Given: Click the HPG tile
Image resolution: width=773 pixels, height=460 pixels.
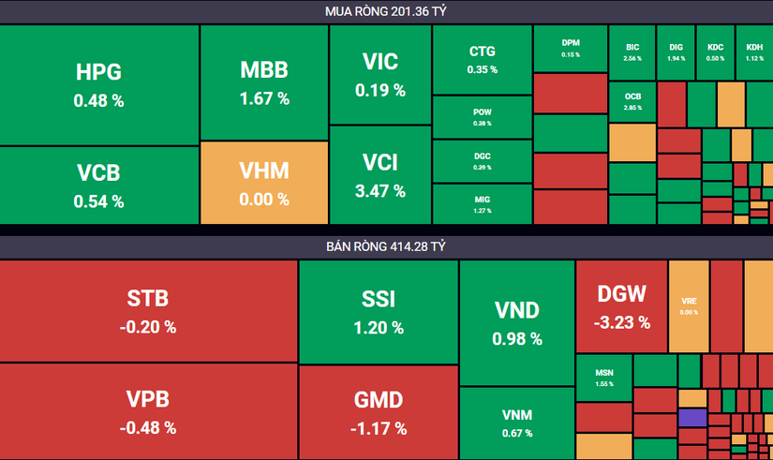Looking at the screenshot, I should pyautogui.click(x=99, y=84).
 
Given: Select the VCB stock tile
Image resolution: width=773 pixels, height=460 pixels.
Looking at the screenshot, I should pyautogui.click(x=99, y=185).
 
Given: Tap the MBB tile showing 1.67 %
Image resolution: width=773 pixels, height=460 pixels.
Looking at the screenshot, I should pyautogui.click(x=263, y=82).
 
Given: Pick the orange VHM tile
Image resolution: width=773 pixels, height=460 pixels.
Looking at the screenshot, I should pyautogui.click(x=263, y=183).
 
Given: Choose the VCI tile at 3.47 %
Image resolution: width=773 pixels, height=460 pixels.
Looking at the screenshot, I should pyautogui.click(x=379, y=174).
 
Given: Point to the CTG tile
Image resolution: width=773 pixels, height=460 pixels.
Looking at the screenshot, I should pyautogui.click(x=482, y=59).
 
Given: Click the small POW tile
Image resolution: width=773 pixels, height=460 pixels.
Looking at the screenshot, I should pyautogui.click(x=482, y=117).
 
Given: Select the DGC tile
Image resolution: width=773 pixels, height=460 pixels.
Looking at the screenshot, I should pyautogui.click(x=482, y=161).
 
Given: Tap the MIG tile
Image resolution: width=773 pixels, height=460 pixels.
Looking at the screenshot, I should pyautogui.click(x=482, y=203).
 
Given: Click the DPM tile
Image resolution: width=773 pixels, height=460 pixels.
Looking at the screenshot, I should pyautogui.click(x=571, y=48).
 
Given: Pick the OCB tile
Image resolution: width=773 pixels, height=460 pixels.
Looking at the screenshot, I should pyautogui.click(x=632, y=102).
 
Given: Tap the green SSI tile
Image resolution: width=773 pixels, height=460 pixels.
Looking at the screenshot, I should pyautogui.click(x=379, y=310).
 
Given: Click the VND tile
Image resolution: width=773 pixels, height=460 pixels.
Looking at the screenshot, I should pyautogui.click(x=516, y=322).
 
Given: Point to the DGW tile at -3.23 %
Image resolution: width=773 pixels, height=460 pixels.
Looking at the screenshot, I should pyautogui.click(x=620, y=305).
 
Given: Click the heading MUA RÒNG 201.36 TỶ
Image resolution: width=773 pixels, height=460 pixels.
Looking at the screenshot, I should pyautogui.click(x=386, y=10).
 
